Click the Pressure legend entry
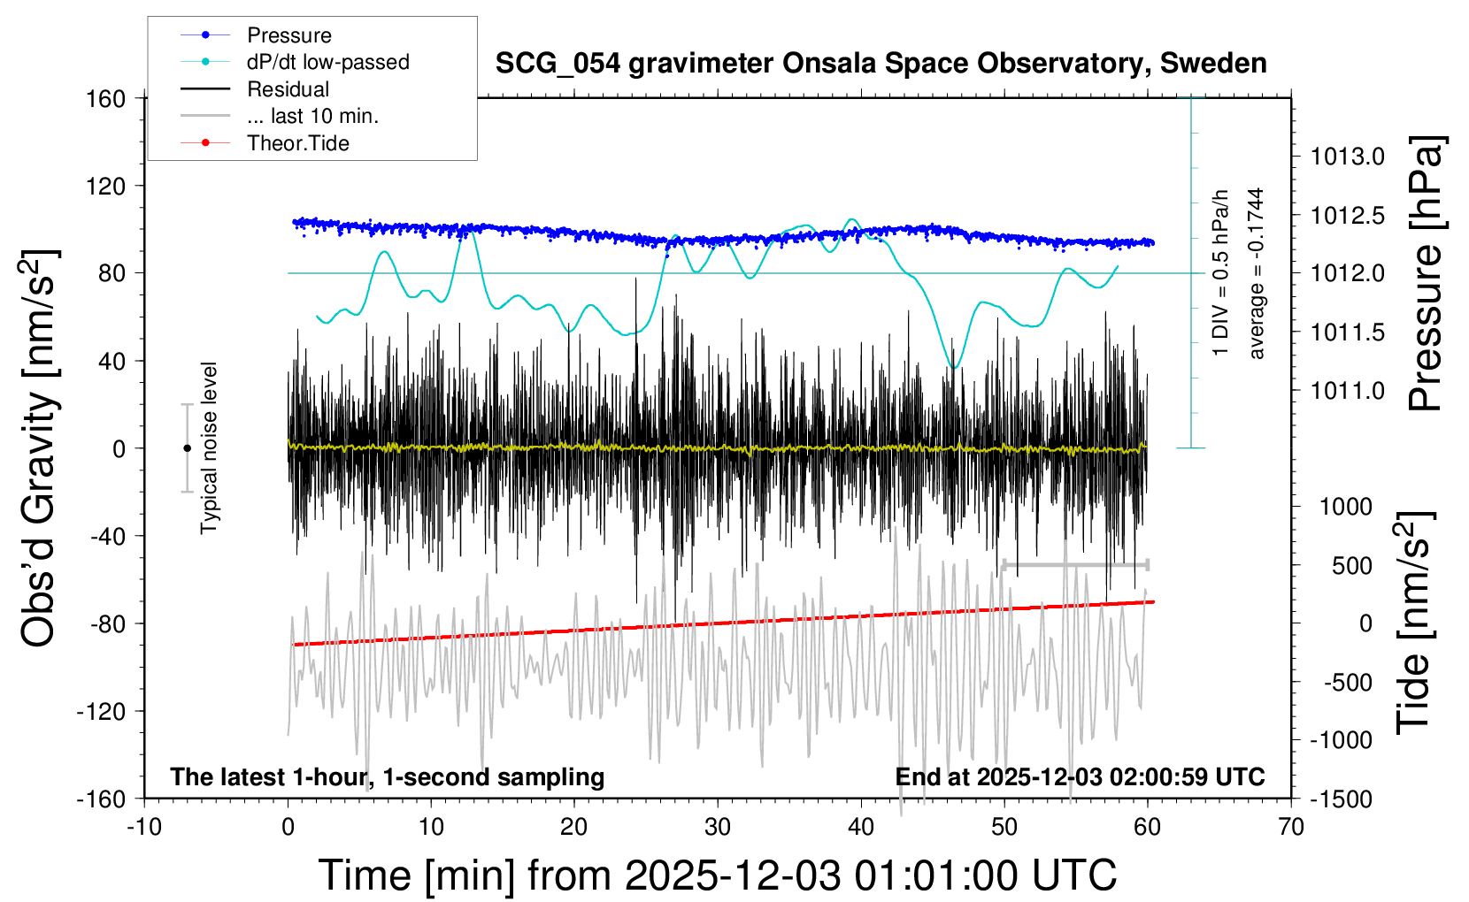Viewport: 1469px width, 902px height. (288, 35)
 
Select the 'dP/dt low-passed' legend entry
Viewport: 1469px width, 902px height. (327, 62)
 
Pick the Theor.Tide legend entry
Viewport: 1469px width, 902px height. (297, 143)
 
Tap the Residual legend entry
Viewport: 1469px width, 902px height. (288, 89)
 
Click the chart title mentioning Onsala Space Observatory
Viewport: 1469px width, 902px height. (881, 64)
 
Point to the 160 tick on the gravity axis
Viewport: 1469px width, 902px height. (106, 98)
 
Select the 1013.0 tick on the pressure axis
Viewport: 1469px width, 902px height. (1348, 157)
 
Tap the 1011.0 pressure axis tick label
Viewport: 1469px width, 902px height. (1348, 391)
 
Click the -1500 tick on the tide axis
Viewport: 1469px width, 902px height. (1341, 799)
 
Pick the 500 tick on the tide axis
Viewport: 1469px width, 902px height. (1352, 565)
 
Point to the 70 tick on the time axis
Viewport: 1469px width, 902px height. (1291, 827)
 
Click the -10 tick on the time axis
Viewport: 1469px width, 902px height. (143, 827)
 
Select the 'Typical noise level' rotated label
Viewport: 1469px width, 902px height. (209, 447)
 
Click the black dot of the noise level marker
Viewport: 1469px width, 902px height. (187, 448)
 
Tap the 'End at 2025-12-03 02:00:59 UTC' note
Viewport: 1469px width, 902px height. (1080, 776)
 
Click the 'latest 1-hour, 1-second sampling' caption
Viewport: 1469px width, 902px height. (388, 776)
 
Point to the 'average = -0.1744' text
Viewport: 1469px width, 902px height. (1257, 273)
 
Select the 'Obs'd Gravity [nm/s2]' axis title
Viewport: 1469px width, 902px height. (40, 447)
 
